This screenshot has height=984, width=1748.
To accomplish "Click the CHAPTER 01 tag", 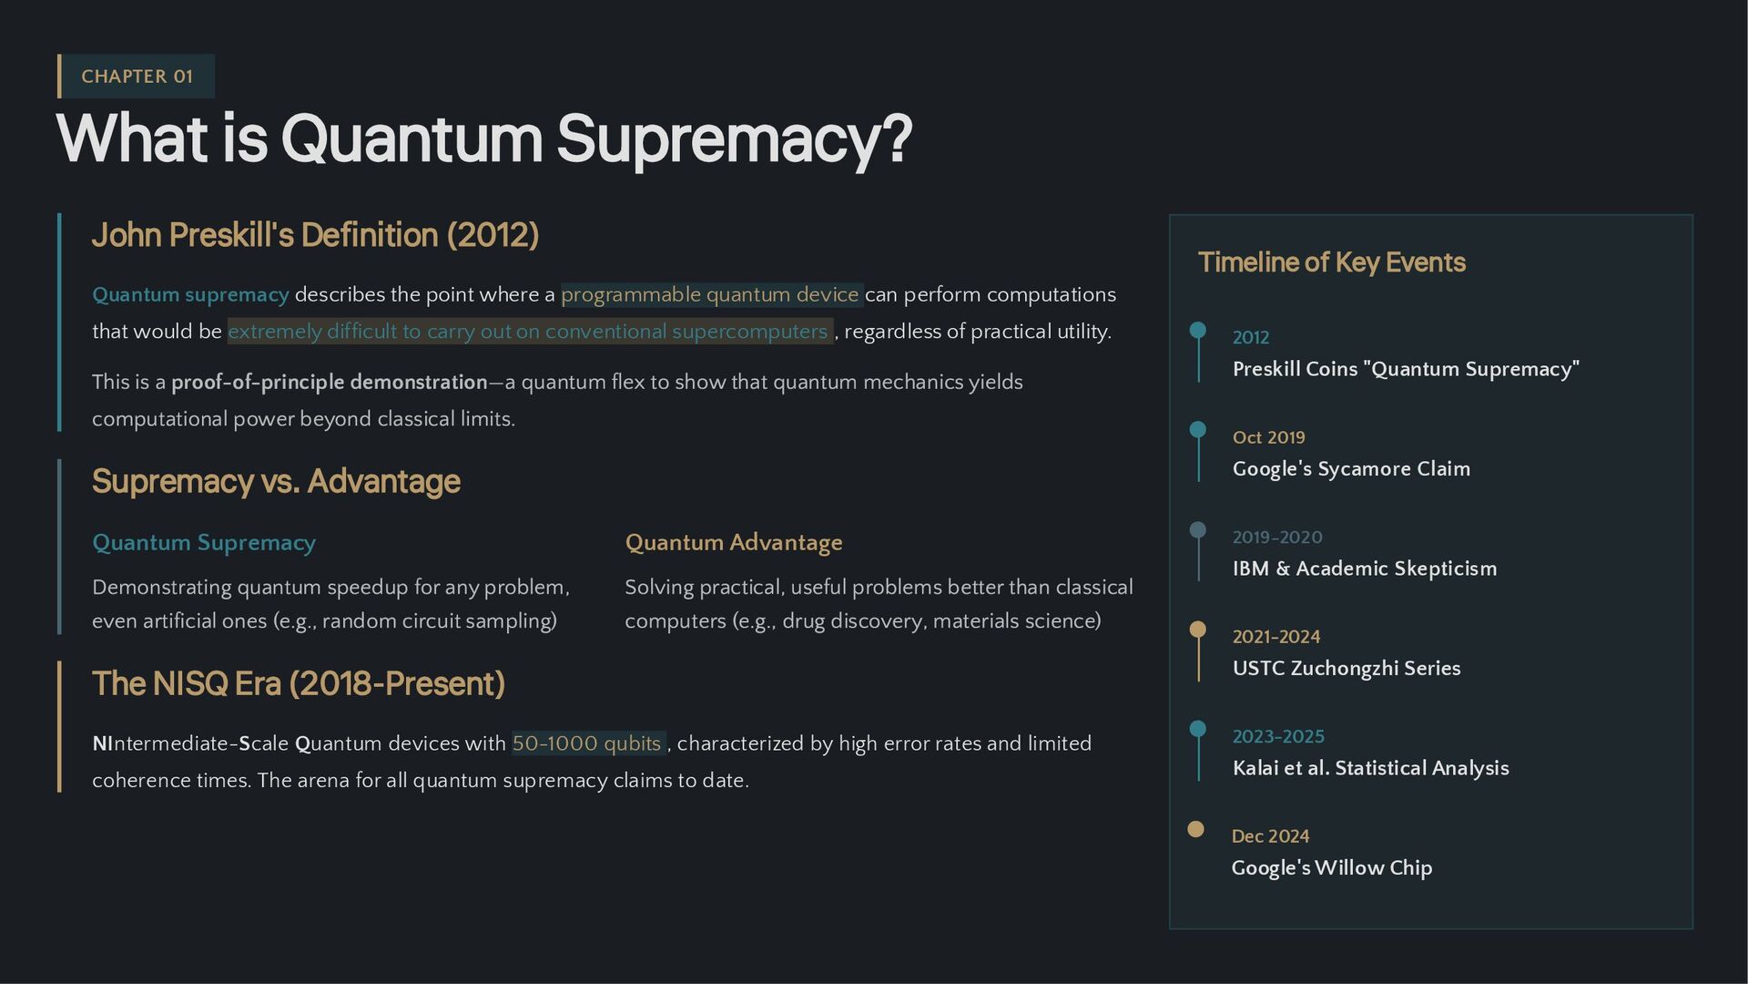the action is (137, 77).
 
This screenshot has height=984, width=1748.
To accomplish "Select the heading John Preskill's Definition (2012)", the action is (315, 235).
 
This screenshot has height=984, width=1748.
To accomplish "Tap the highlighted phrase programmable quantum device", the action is (710, 295).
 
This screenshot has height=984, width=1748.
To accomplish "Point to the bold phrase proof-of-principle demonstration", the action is (330, 383).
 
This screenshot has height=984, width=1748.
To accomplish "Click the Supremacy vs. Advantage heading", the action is (276, 481).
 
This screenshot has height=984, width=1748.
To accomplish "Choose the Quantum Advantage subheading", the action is (733, 543).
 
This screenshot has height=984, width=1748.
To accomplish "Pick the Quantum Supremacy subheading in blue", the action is (204, 543).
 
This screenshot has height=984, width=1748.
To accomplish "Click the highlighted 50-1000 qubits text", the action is (587, 743).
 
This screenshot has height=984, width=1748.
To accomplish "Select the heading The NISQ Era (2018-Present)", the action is (299, 683).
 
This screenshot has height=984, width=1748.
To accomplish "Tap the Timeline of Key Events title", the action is (1331, 262).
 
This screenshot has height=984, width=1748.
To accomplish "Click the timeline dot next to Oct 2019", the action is (1198, 429).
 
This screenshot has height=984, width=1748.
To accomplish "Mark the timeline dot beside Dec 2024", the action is (1196, 829).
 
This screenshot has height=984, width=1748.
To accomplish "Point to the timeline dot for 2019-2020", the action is (1198, 529).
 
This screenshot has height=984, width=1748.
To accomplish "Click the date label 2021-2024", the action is (1275, 637).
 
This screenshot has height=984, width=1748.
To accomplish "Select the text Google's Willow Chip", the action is (1331, 868).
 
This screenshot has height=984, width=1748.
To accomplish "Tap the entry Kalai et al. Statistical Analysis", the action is (1370, 768).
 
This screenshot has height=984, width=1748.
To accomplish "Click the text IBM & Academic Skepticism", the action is (1364, 569).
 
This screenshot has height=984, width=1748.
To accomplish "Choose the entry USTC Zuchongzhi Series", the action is (1346, 669).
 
